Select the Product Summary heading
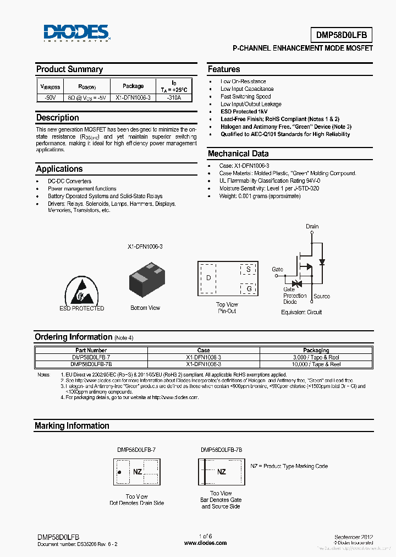[x=69, y=69]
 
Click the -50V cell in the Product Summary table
[x=50, y=98]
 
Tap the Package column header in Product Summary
[x=133, y=86]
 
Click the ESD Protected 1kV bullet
[x=244, y=111]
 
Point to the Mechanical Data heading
[x=238, y=154]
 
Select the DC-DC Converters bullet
[x=69, y=181]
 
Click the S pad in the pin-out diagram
[x=248, y=270]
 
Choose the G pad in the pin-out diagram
[x=249, y=289]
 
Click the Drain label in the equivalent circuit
[x=312, y=226]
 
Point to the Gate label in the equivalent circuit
[x=277, y=270]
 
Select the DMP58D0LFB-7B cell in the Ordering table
[x=91, y=364]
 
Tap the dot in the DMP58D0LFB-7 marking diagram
[x=119, y=472]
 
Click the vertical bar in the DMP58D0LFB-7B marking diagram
[x=206, y=472]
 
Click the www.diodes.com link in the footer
[x=205, y=543]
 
